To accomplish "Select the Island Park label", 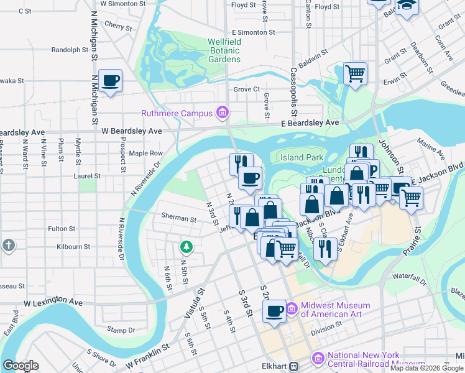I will point(302,157).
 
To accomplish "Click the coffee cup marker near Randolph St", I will point(110,81).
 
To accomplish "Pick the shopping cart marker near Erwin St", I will point(355,74).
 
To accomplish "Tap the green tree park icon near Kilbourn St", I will point(186,247).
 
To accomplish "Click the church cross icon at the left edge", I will point(7,245).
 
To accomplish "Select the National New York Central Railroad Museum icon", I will point(318,359).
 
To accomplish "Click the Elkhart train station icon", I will point(297,367).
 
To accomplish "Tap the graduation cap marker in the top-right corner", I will point(407,6).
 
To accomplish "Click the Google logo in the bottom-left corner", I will point(21,366).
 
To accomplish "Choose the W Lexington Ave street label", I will point(53,302).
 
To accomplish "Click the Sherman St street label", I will point(179,219).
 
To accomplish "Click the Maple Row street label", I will point(145,153).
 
